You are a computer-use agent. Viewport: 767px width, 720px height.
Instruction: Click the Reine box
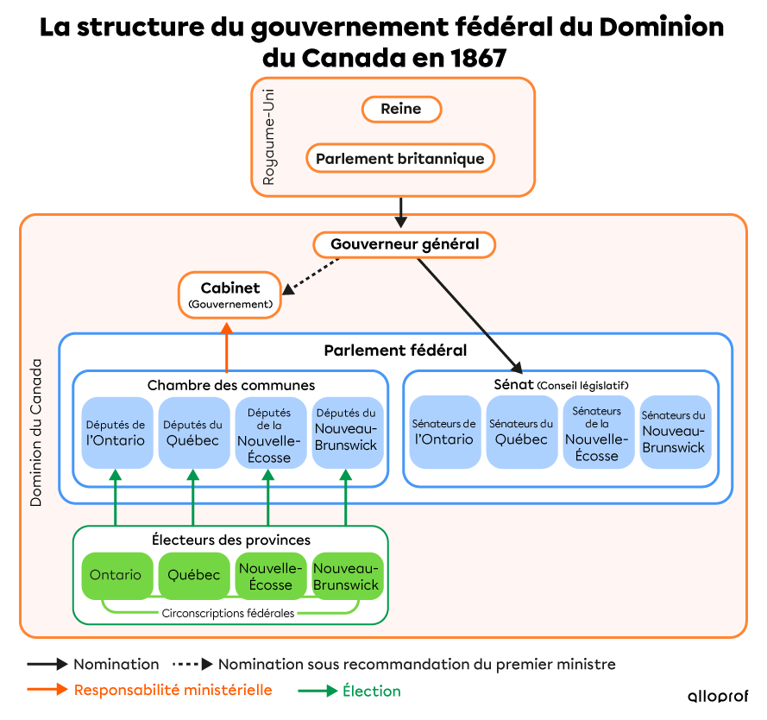coord(400,110)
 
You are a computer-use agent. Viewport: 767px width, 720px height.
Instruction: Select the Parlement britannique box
coord(400,159)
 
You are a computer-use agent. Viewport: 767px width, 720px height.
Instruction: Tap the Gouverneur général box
coord(404,244)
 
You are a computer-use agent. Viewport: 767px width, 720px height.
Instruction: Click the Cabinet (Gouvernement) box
coord(229,294)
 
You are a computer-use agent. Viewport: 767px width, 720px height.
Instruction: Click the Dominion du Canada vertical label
coord(36,432)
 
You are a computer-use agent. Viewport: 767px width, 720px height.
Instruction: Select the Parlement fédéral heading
coord(395,351)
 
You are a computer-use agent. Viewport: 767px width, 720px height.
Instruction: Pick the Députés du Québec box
coord(192,433)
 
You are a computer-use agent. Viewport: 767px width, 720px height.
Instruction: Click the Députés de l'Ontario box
coord(116,433)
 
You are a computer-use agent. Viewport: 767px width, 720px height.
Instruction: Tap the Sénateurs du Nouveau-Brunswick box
coord(674,432)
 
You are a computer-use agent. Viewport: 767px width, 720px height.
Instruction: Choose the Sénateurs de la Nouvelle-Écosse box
coord(597,432)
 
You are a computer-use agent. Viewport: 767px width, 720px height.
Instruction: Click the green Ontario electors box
coord(116,575)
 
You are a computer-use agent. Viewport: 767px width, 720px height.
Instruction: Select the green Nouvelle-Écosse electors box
coord(270,576)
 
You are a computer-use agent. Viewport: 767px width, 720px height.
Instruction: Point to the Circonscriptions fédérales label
coord(228,613)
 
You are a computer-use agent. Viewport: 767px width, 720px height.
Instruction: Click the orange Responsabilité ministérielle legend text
coord(173,690)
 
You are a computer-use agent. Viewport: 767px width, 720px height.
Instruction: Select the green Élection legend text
coord(371,691)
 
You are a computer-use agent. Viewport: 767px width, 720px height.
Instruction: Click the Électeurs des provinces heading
coord(230,540)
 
